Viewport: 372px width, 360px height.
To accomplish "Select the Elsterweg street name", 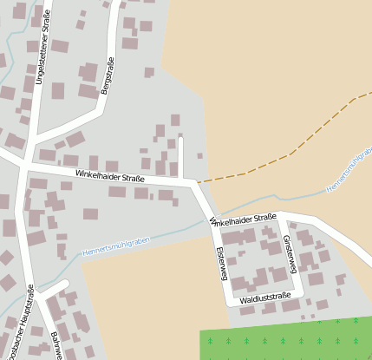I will click(x=221, y=263).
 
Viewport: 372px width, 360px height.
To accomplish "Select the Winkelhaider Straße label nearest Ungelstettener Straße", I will click(x=109, y=176).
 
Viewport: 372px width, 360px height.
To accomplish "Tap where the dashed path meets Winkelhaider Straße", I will click(x=198, y=182).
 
